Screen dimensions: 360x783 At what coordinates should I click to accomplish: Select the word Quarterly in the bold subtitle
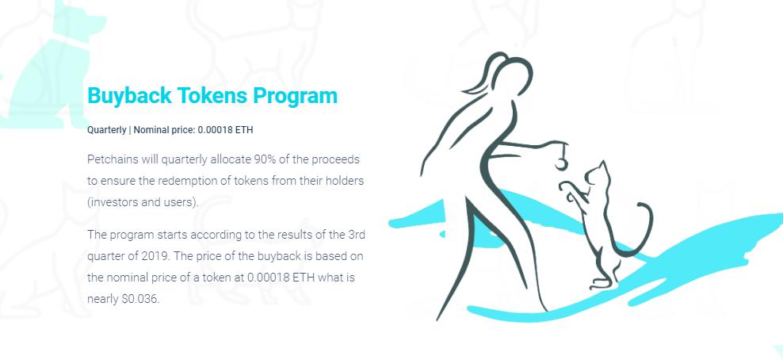[x=106, y=129]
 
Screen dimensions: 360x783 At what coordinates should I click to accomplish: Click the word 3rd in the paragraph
[x=353, y=235]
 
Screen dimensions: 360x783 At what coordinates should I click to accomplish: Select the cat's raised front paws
[x=568, y=190]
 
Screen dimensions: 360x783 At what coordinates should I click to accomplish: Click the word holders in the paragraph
[x=344, y=180]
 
